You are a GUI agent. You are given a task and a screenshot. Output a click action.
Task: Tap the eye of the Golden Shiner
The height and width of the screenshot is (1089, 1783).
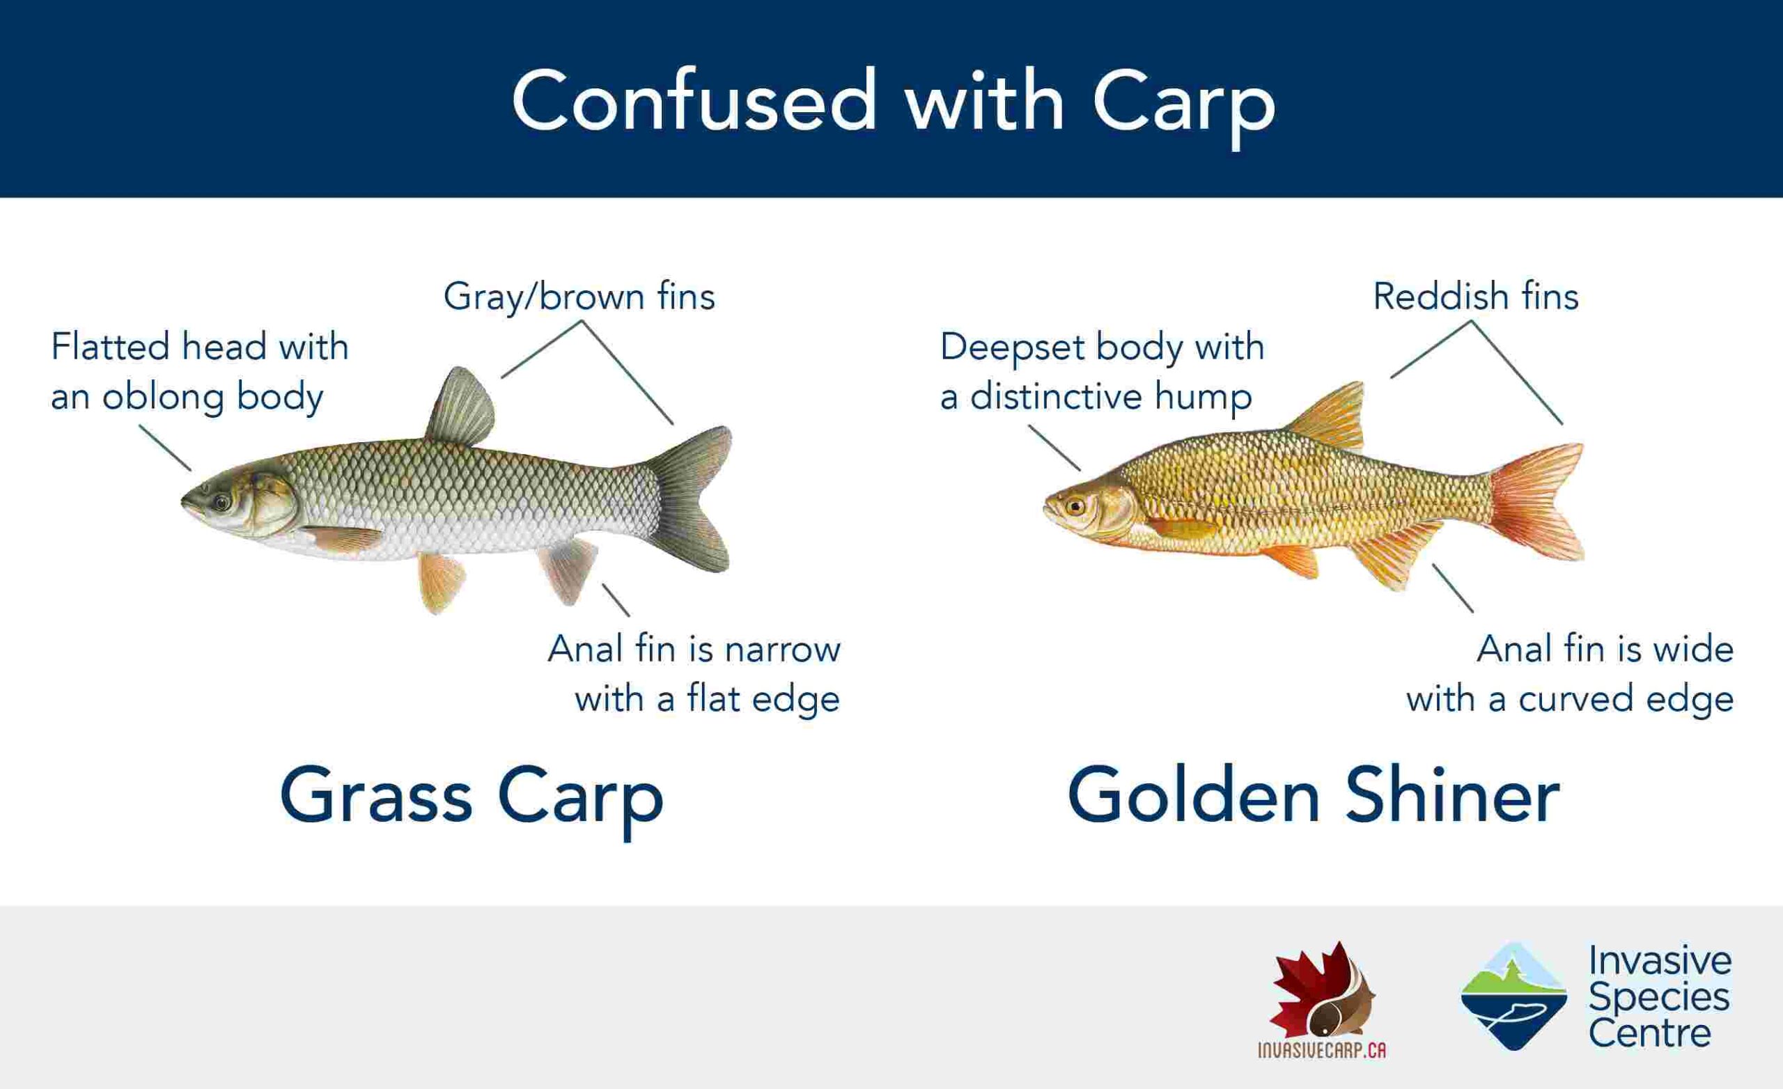pyautogui.click(x=1075, y=506)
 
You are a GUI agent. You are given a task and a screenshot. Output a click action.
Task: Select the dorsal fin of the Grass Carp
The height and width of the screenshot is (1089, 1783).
pyautogui.click(x=460, y=407)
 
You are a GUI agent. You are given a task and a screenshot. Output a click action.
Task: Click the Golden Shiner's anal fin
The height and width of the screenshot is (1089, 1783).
pyautogui.click(x=1393, y=554)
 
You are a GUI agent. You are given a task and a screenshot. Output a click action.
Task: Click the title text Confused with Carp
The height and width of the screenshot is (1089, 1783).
pyautogui.click(x=893, y=101)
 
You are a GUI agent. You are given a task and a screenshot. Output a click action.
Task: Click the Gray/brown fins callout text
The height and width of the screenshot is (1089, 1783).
pyautogui.click(x=579, y=297)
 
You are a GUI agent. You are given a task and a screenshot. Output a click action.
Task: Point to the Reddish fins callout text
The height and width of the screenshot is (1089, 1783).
pyautogui.click(x=1475, y=296)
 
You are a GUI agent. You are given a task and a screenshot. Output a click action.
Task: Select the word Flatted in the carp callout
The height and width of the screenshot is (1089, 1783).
pyautogui.click(x=111, y=346)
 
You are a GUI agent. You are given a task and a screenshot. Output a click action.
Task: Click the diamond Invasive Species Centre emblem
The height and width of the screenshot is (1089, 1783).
pyautogui.click(x=1514, y=996)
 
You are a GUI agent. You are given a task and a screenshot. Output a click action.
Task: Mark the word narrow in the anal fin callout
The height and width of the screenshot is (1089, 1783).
pyautogui.click(x=782, y=649)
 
